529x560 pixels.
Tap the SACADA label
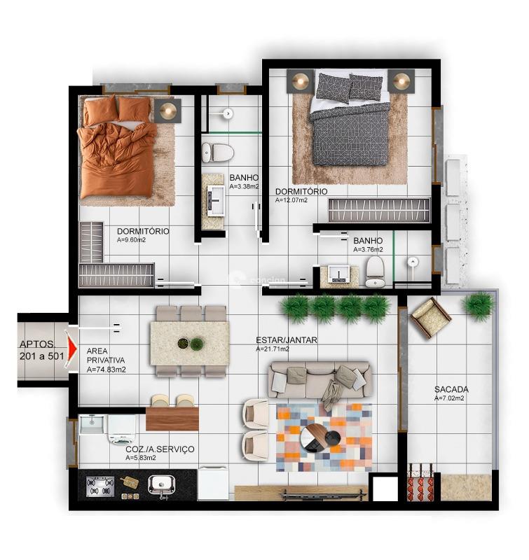tap(451, 389)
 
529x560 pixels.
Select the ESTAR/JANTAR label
tap(287, 340)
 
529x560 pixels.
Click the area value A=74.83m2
tap(106, 370)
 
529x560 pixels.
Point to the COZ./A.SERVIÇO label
tap(160, 449)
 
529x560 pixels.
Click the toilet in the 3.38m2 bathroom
tap(218, 152)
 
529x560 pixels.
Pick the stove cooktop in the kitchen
tap(100, 486)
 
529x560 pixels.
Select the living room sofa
tap(319, 380)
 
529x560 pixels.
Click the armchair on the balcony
tap(430, 318)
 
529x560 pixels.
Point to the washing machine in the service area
tap(122, 428)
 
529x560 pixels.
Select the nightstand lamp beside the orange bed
tap(168, 110)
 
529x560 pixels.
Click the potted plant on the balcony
tap(479, 306)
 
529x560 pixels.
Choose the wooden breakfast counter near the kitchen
tap(172, 419)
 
